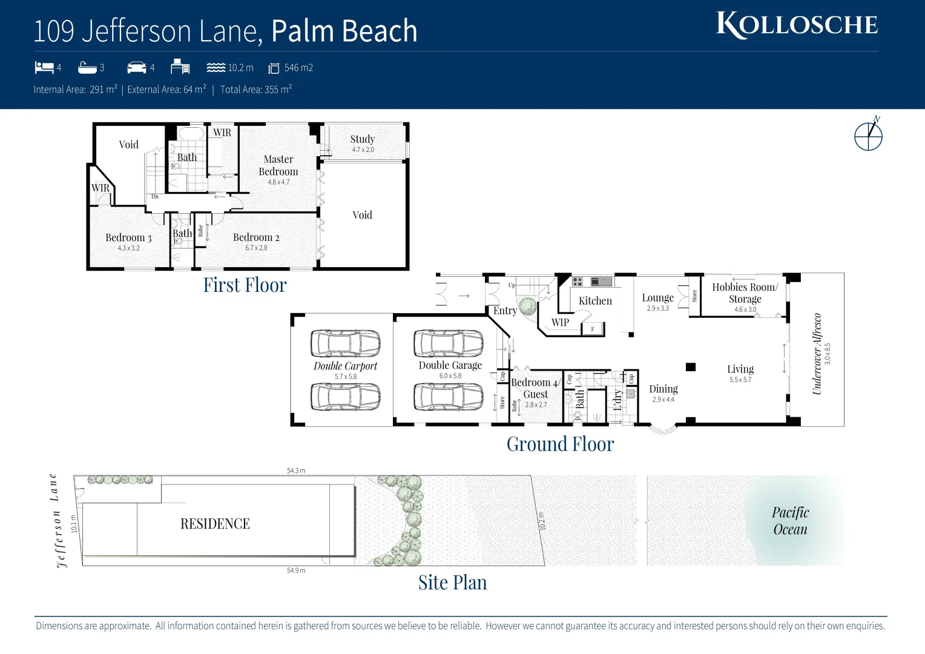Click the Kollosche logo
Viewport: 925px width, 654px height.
coord(797,25)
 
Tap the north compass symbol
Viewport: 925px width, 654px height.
coord(869,135)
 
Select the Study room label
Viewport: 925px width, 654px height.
coord(363,139)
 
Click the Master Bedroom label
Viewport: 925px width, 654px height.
coord(278,165)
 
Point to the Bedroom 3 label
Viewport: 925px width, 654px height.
coord(128,238)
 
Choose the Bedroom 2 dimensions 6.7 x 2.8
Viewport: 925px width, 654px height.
coord(256,248)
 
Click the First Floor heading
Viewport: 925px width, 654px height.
coord(245,285)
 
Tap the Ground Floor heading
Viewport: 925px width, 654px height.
coord(560,444)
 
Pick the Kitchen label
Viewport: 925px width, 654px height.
coord(595,301)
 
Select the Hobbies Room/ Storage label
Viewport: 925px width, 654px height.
coord(745,293)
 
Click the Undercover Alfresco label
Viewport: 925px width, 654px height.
coord(817,354)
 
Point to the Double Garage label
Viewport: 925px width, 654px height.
coord(450,366)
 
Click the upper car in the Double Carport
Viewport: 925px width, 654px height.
coord(345,343)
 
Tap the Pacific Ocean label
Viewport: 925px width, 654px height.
coord(790,521)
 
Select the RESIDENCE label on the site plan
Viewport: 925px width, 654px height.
coord(215,524)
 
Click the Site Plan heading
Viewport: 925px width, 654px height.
coord(452,583)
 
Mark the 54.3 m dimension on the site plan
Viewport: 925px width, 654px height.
coord(296,471)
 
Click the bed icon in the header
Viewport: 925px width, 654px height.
coord(44,67)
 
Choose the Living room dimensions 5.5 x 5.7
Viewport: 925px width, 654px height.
coord(740,380)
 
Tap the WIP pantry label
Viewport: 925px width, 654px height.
coord(560,323)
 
